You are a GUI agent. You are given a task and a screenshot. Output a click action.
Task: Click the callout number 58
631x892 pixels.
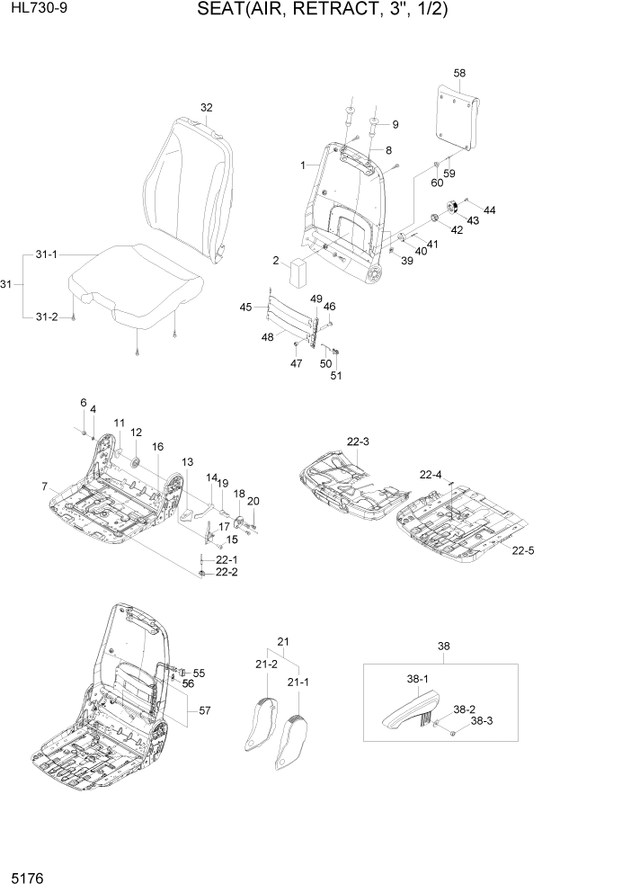(459, 72)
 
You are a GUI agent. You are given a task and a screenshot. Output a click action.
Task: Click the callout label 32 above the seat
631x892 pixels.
(207, 108)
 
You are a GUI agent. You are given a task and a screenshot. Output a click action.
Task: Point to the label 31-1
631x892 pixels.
(47, 254)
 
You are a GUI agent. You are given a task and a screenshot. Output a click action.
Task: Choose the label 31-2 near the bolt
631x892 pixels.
(47, 317)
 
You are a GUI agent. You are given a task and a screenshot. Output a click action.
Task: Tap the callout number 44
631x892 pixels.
(489, 210)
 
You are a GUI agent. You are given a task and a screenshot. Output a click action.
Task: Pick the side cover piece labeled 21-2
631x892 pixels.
(262, 726)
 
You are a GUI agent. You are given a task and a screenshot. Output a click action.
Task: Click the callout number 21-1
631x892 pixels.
(298, 683)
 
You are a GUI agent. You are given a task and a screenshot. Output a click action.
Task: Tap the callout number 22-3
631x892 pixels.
(358, 442)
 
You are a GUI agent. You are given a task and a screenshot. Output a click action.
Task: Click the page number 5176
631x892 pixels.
(23, 875)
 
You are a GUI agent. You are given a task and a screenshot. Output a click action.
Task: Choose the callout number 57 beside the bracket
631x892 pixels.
(205, 711)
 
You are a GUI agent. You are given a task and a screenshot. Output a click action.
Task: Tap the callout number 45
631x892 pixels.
(246, 308)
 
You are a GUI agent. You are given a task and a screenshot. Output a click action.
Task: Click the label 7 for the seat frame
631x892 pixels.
(44, 486)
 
